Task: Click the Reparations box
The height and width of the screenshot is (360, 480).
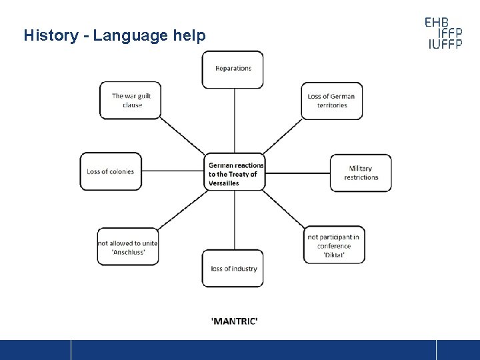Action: [233, 69]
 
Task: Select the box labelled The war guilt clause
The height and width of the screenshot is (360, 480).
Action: [131, 101]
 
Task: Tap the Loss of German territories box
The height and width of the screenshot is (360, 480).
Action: [331, 101]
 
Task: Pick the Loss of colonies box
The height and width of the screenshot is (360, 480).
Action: [111, 171]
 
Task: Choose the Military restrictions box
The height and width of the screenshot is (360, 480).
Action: [361, 173]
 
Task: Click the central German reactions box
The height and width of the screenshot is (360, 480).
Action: [235, 174]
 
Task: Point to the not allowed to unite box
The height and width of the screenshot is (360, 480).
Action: [128, 247]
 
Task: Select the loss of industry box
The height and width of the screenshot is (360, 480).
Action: [233, 269]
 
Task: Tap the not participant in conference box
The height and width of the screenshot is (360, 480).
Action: [334, 245]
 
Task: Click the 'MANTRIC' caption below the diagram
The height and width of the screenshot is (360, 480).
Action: [234, 321]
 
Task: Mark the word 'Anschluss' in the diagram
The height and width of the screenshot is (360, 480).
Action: [127, 253]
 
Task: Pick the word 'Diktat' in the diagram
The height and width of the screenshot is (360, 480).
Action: [334, 255]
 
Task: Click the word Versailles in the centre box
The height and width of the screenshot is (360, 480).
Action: [224, 183]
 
